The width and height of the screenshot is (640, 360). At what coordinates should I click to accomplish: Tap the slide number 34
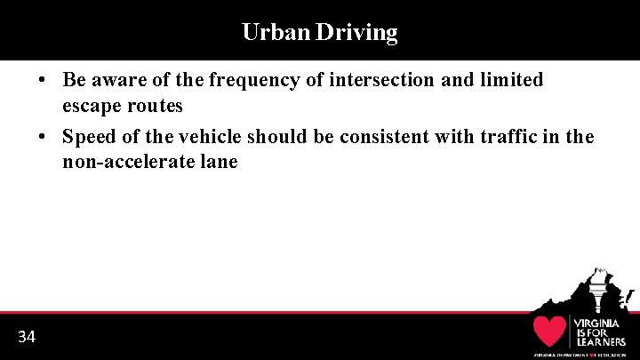pyautogui.click(x=27, y=337)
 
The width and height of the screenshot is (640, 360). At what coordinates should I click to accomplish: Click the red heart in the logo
pyautogui.click(x=549, y=332)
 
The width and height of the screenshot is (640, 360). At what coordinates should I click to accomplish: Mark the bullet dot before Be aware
pyautogui.click(x=43, y=80)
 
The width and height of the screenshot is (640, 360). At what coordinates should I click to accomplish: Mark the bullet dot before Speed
pyautogui.click(x=43, y=137)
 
